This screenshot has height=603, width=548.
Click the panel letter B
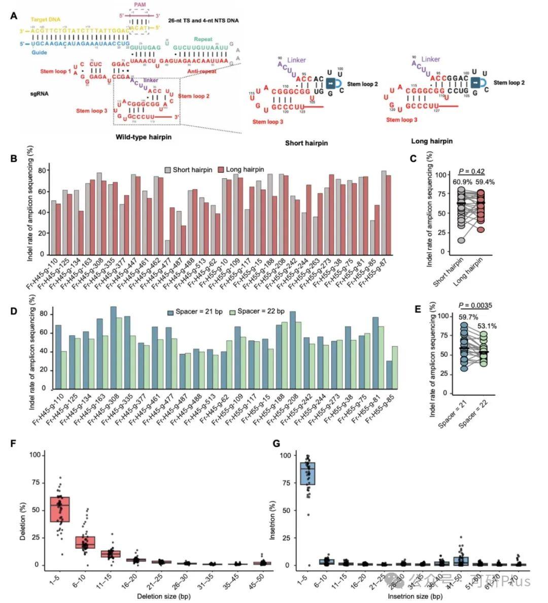pos(14,158)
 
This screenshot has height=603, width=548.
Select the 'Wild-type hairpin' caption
pos(144,137)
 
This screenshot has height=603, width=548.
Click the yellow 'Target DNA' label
pos(46,19)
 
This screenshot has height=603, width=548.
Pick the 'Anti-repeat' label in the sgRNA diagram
pos(202,72)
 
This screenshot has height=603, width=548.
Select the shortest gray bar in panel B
pos(167,248)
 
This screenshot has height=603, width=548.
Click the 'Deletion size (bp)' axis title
pos(164,596)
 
